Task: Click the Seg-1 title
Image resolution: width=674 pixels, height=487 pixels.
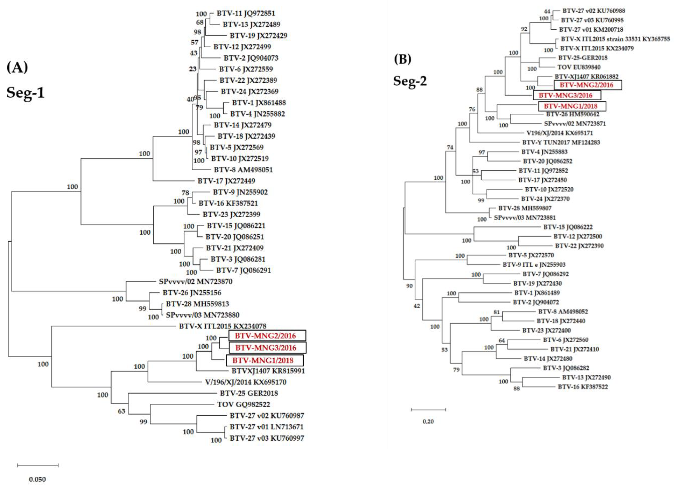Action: point(26,92)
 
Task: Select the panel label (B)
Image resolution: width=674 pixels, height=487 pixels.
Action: point(403,59)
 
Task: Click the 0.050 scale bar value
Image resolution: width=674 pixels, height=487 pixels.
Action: point(38,479)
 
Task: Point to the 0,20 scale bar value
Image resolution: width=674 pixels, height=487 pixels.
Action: point(428,422)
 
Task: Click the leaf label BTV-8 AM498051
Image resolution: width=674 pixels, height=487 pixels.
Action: point(243,170)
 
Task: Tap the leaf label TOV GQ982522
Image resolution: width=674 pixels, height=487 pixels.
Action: point(243,404)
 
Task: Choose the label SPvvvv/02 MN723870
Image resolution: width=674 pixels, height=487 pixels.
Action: point(195,282)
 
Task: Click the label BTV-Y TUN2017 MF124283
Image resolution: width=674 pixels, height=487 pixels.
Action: point(561,142)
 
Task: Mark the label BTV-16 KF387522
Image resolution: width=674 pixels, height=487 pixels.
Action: point(582,387)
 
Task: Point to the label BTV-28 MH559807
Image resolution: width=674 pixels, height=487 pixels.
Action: point(525,208)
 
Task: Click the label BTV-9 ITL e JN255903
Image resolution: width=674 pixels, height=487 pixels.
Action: point(534,265)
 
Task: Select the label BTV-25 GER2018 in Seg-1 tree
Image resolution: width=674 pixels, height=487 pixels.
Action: point(249,393)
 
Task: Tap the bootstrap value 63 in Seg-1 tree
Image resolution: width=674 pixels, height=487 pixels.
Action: point(122,411)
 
